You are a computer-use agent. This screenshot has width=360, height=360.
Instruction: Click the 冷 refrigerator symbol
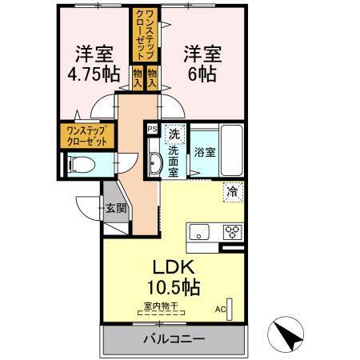click(x=231, y=192)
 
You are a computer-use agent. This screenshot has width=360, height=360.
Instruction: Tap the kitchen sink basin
click(x=198, y=233)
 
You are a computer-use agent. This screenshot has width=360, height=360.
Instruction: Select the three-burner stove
click(x=231, y=233)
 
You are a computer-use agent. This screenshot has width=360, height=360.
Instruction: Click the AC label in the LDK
click(x=221, y=307)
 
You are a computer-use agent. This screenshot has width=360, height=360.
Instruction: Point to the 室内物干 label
click(x=161, y=305)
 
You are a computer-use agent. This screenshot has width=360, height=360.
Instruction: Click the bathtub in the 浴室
click(x=231, y=153)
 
